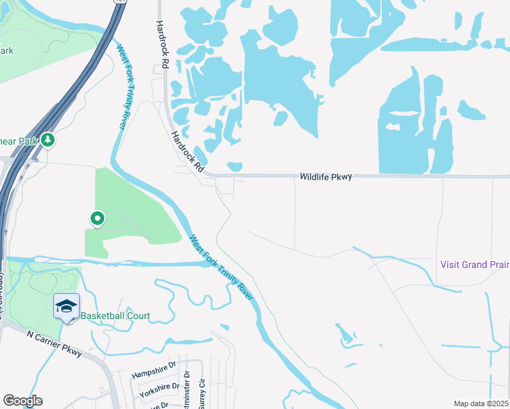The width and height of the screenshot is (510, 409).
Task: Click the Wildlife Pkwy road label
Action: click(x=326, y=177)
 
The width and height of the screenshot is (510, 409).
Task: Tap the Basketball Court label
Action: click(x=115, y=316)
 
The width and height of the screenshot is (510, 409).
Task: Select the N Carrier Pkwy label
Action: click(x=54, y=344)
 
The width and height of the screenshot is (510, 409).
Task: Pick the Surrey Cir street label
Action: click(x=201, y=395)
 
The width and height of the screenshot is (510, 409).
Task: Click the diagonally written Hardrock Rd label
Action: click(x=187, y=151)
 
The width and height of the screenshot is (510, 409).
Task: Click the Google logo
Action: click(x=22, y=401)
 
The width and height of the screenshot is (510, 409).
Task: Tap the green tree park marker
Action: click(x=47, y=140)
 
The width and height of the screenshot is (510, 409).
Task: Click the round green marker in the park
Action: click(x=97, y=219)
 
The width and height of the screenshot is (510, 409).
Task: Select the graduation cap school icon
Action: click(x=66, y=306)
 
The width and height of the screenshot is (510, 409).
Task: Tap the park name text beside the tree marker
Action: click(x=18, y=141)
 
